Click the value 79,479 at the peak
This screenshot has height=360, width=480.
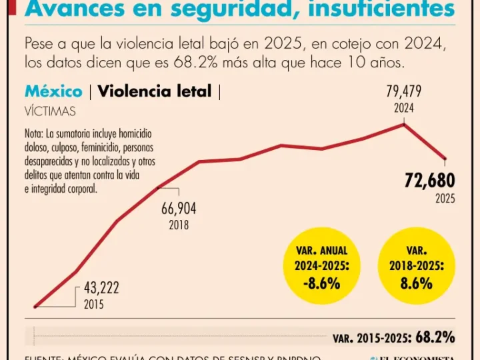[x=404, y=92]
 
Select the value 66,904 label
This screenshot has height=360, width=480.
[x=179, y=209]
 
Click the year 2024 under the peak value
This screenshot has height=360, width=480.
[x=404, y=107]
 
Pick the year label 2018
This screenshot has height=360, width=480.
[x=179, y=225]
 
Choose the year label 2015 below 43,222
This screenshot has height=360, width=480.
[x=94, y=305]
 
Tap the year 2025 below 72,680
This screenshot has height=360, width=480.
[x=445, y=198]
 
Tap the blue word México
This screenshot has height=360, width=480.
[x=53, y=91]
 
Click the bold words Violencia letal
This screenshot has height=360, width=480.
[x=155, y=91]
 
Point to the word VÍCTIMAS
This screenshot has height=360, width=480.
[x=50, y=111]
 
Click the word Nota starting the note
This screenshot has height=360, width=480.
[x=33, y=132]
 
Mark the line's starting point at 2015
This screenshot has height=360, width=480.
[x=35, y=307]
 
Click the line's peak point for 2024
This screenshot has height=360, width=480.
[x=404, y=125]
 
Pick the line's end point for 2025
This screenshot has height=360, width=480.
[x=445, y=159]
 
